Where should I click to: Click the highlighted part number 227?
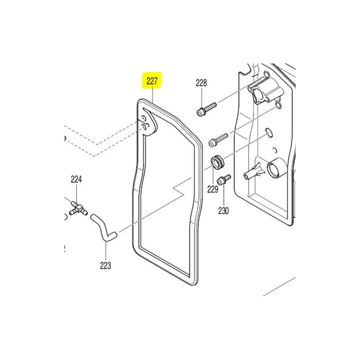(152, 81)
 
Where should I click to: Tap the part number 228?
(201, 83)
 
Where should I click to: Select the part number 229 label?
(212, 189)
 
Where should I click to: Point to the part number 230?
(223, 211)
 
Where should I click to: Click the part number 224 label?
(76, 179)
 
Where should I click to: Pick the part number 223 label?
(105, 265)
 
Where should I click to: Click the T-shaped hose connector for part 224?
(78, 208)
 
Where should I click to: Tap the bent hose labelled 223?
(104, 228)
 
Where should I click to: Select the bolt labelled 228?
(207, 109)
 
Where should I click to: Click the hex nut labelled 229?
(217, 163)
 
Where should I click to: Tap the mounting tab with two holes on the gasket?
(148, 123)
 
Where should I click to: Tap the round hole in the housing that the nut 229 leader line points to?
(269, 132)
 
